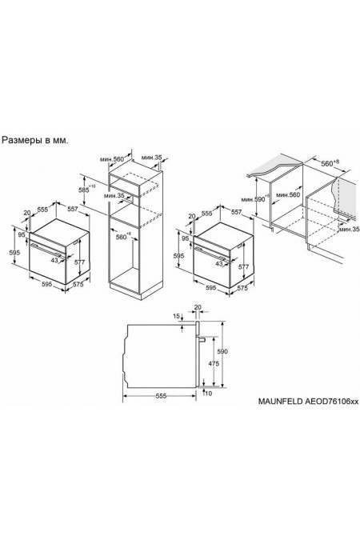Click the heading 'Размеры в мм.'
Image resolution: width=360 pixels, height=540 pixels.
point(35,141)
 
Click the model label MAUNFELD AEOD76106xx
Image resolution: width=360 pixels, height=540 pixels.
point(308,402)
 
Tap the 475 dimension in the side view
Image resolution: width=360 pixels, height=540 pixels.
point(214,364)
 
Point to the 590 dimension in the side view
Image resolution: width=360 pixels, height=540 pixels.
point(222,352)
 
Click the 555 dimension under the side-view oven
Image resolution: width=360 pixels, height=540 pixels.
point(161,396)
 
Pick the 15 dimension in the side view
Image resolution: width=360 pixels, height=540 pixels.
point(176,316)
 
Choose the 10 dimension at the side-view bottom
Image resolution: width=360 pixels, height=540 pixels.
point(209,394)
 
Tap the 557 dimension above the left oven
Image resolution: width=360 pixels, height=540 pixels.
point(73,209)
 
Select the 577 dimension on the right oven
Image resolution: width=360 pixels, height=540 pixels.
point(243,266)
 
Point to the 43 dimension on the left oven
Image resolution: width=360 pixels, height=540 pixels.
point(54,260)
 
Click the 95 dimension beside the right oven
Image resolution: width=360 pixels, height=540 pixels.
point(185,238)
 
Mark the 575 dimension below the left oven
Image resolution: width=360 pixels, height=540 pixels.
point(78,285)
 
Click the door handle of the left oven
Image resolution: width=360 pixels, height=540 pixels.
point(47,250)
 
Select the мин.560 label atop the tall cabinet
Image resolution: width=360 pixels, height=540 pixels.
point(112,159)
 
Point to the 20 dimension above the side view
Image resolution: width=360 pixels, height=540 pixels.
point(198,307)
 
